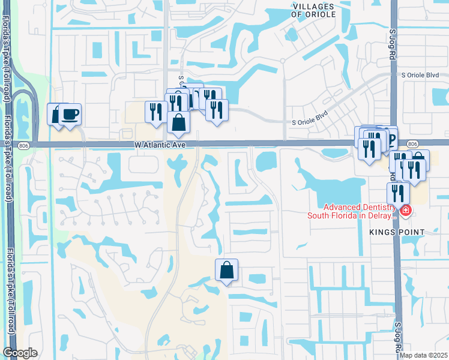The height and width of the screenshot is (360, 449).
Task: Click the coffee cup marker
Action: click(x=70, y=114)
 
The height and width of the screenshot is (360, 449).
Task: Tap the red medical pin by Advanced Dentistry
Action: click(x=406, y=211)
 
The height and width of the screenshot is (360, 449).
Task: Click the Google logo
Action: click(x=20, y=353)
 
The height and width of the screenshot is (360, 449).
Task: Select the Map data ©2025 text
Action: click(x=423, y=355)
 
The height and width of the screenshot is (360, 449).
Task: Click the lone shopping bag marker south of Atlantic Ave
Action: click(x=227, y=271)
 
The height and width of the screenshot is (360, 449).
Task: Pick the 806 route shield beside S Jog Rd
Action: click(x=412, y=144)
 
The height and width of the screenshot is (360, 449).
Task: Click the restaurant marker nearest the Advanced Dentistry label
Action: click(x=398, y=193)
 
